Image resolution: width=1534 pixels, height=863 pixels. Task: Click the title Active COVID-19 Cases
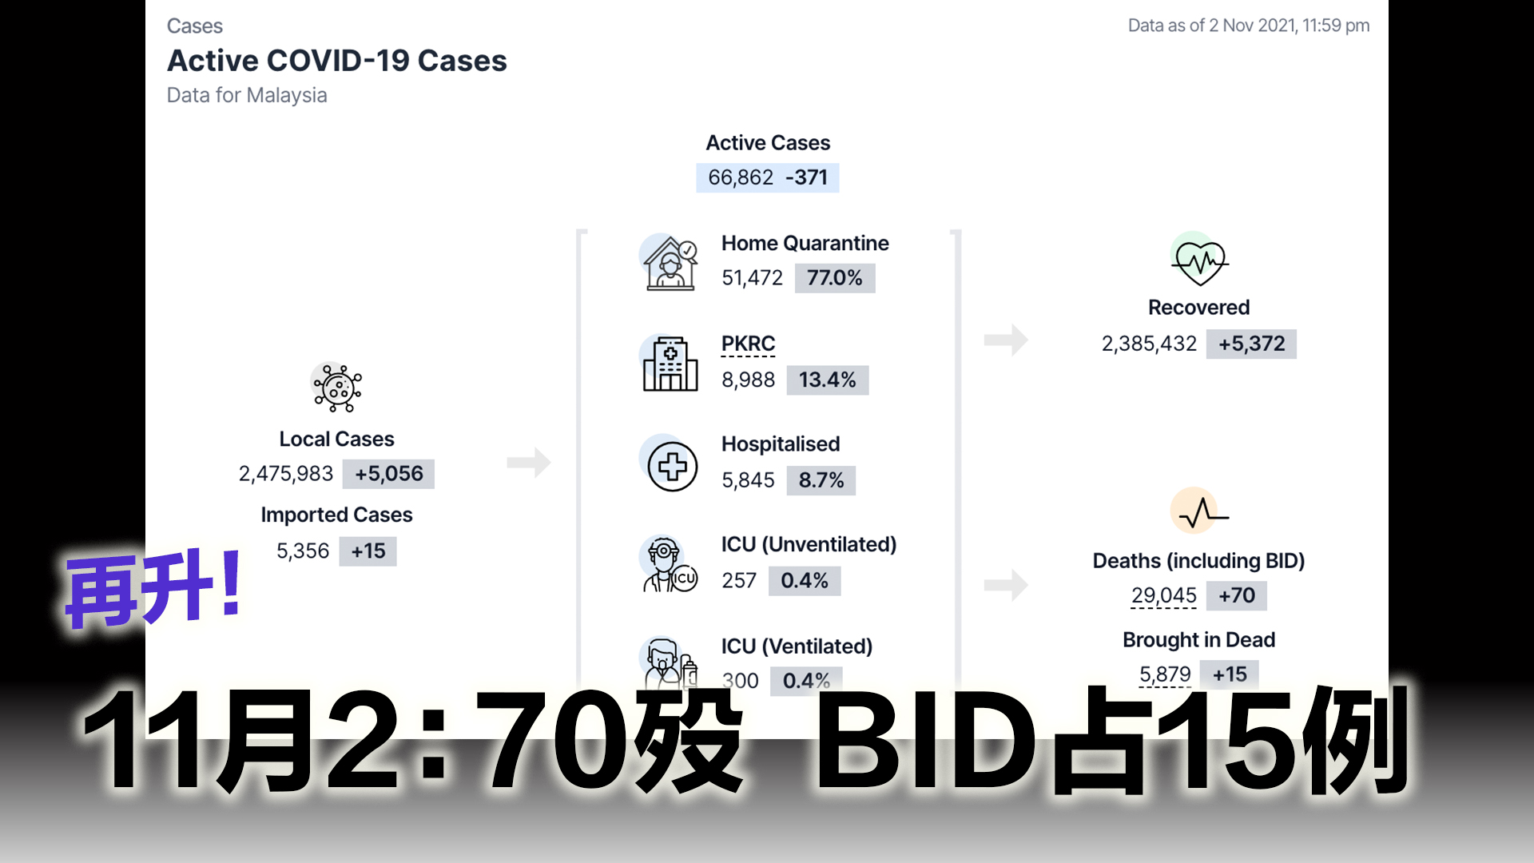336,61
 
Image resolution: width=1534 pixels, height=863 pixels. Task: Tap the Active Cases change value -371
806,177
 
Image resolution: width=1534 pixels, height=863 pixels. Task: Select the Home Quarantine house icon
670,263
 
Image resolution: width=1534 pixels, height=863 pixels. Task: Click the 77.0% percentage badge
834,278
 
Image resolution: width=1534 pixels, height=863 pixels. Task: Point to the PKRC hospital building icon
670,364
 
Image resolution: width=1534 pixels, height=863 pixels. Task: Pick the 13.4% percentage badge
827,380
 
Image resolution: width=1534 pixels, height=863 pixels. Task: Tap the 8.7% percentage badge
821,480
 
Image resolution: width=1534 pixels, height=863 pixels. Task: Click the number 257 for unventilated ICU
738,581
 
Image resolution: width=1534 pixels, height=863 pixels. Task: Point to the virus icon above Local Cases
337,388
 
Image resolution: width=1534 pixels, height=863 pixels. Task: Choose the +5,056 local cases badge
389,474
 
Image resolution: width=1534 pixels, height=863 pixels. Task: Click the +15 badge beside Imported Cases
368,551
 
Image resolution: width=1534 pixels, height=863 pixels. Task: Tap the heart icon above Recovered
1199,260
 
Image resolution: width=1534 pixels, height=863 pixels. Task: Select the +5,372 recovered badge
1251,344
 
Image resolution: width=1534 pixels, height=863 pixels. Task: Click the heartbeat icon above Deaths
1199,511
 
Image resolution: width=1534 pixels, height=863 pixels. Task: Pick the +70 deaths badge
1236,596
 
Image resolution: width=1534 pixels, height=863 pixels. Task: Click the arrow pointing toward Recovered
1006,340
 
